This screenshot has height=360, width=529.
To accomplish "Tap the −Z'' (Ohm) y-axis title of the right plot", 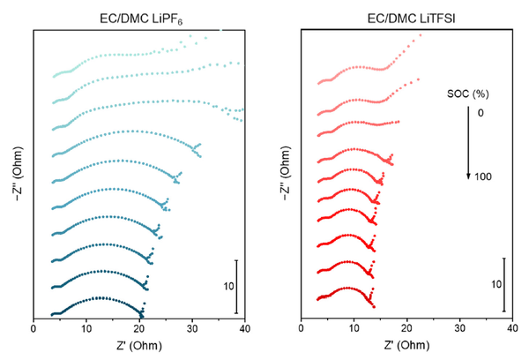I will click(x=284, y=173).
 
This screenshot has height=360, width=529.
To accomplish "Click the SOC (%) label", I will click(x=468, y=91).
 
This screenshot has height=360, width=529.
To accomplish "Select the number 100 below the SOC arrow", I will click(x=481, y=177).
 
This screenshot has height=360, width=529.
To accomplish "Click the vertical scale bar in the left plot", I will click(x=236, y=286).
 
